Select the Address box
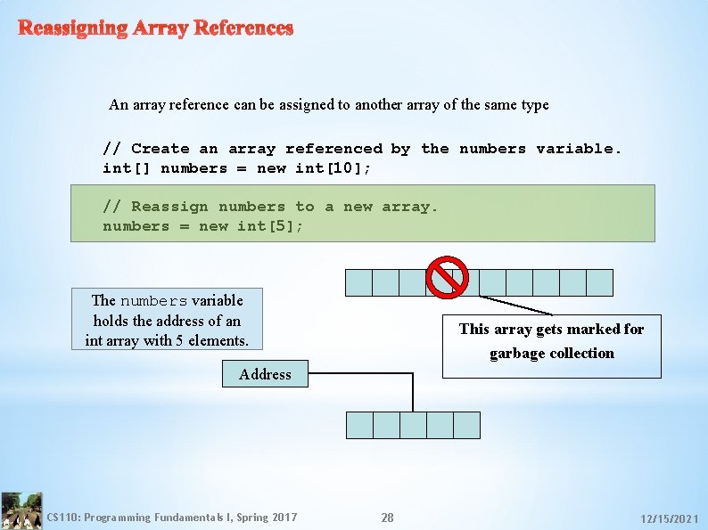pyautogui.click(x=265, y=374)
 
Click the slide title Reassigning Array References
pyautogui.click(x=156, y=28)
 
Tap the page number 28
pyautogui.click(x=387, y=518)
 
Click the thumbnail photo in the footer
pyautogui.click(x=21, y=510)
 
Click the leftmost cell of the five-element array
pyautogui.click(x=359, y=425)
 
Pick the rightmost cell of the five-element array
pyautogui.click(x=466, y=425)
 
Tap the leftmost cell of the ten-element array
pyautogui.click(x=358, y=282)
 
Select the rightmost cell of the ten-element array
pyautogui.click(x=599, y=282)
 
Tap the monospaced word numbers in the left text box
pyautogui.click(x=153, y=301)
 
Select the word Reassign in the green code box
pyautogui.click(x=169, y=207)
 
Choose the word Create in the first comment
pyautogui.click(x=161, y=149)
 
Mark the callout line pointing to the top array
pyautogui.click(x=515, y=305)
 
